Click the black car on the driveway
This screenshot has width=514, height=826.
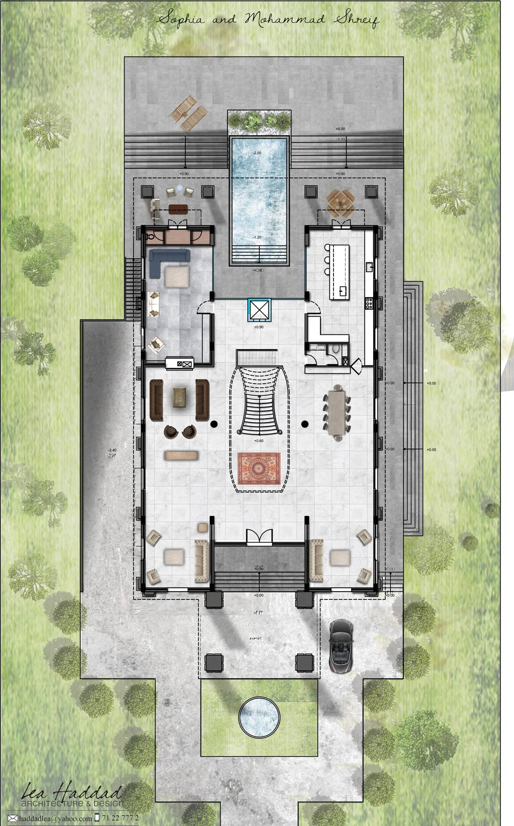(341, 646)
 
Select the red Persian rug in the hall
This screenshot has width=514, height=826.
(259, 468)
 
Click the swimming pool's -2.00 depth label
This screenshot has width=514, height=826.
(257, 153)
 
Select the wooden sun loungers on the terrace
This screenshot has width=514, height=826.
(188, 113)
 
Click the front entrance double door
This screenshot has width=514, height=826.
(259, 537)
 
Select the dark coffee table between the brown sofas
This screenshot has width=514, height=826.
(180, 398)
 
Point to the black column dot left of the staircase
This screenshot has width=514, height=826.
(214, 424)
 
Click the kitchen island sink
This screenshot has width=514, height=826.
(343, 291)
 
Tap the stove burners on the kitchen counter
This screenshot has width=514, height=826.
(369, 303)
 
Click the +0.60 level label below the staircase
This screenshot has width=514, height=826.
(258, 441)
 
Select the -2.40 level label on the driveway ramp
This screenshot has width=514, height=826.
(111, 450)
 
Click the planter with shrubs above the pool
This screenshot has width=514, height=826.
(259, 121)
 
